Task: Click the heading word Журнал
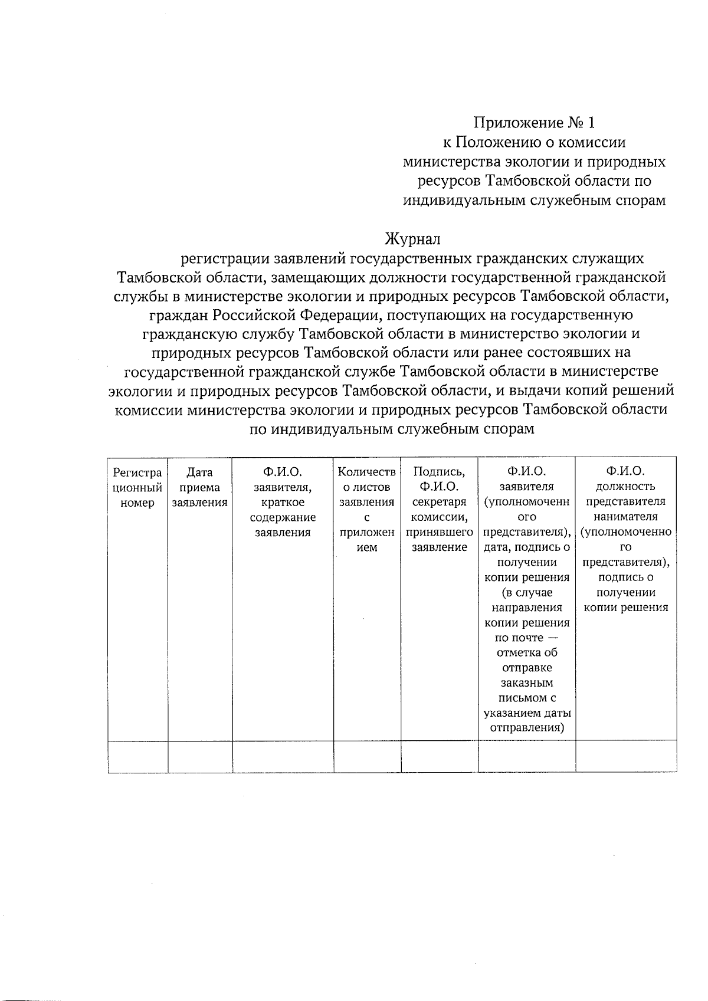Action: (x=412, y=239)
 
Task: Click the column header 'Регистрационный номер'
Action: (x=137, y=487)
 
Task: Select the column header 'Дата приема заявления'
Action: (x=199, y=487)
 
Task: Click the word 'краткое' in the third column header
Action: (x=283, y=503)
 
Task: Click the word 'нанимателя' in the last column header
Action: (x=625, y=517)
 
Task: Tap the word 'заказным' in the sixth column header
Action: (x=527, y=683)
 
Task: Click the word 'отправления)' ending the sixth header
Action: (x=527, y=728)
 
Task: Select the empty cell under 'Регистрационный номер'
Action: (x=137, y=756)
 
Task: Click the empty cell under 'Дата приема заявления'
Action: (x=199, y=756)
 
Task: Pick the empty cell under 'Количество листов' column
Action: (x=367, y=756)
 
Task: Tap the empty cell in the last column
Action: (x=625, y=756)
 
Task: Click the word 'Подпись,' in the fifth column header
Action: (x=439, y=472)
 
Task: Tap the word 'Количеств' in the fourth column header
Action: (x=367, y=472)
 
